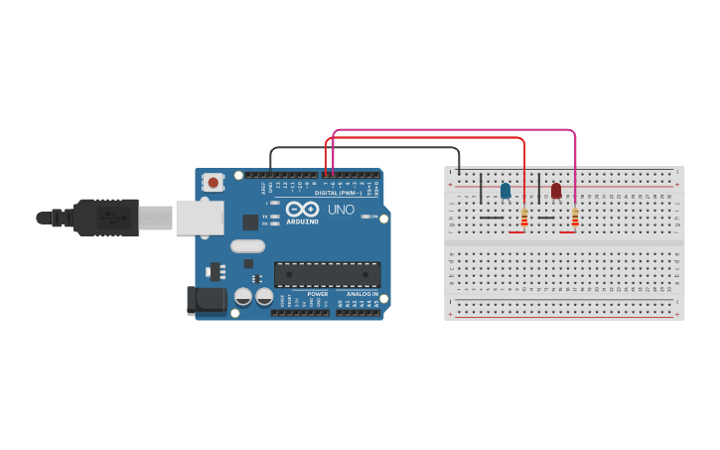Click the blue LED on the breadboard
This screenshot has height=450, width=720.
click(x=505, y=190)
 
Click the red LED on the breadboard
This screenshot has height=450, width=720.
click(x=556, y=190)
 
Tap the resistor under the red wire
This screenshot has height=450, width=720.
click(x=524, y=217)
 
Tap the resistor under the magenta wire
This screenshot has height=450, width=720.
click(x=575, y=217)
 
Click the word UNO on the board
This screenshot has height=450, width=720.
click(x=341, y=210)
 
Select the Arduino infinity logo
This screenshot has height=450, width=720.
click(x=303, y=209)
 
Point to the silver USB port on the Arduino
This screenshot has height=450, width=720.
click(x=199, y=217)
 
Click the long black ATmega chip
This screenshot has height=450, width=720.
click(x=327, y=274)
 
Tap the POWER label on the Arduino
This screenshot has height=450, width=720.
click(x=318, y=294)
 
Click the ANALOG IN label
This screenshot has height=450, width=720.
click(x=361, y=294)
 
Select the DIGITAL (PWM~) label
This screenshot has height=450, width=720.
click(x=339, y=193)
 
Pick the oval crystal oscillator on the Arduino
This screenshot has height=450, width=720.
click(x=247, y=246)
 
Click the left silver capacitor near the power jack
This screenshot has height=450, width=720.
click(x=243, y=296)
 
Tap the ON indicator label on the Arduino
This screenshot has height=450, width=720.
click(x=373, y=217)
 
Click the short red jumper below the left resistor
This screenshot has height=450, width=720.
click(x=516, y=232)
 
